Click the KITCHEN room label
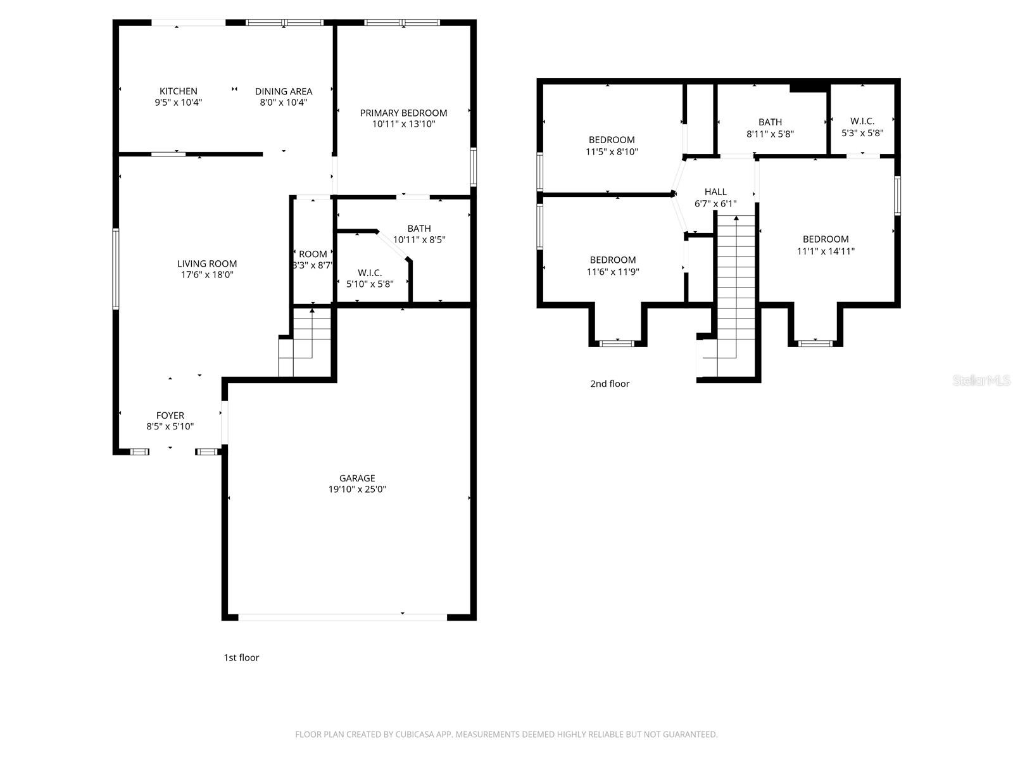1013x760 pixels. click(178, 91)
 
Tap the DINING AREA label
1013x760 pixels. click(283, 91)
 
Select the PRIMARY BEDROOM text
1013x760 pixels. click(403, 113)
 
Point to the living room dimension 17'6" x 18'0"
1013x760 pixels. click(207, 275)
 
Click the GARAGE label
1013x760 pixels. click(357, 478)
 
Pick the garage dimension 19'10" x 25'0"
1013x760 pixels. click(357, 489)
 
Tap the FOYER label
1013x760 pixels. click(170, 415)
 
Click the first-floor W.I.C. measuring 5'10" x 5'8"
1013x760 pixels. click(370, 273)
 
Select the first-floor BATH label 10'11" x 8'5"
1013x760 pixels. click(419, 229)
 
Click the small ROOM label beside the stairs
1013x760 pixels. click(313, 254)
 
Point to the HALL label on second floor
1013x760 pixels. click(715, 192)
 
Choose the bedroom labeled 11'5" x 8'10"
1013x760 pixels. click(612, 140)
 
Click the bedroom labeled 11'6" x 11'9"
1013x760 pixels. click(612, 260)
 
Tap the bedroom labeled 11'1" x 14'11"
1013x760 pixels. click(826, 239)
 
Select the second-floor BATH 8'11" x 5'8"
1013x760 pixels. click(770, 122)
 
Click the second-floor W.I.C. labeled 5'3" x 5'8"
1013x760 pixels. click(862, 121)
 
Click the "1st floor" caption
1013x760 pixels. click(241, 657)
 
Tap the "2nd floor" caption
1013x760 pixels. click(610, 383)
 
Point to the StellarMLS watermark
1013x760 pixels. click(981, 381)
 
